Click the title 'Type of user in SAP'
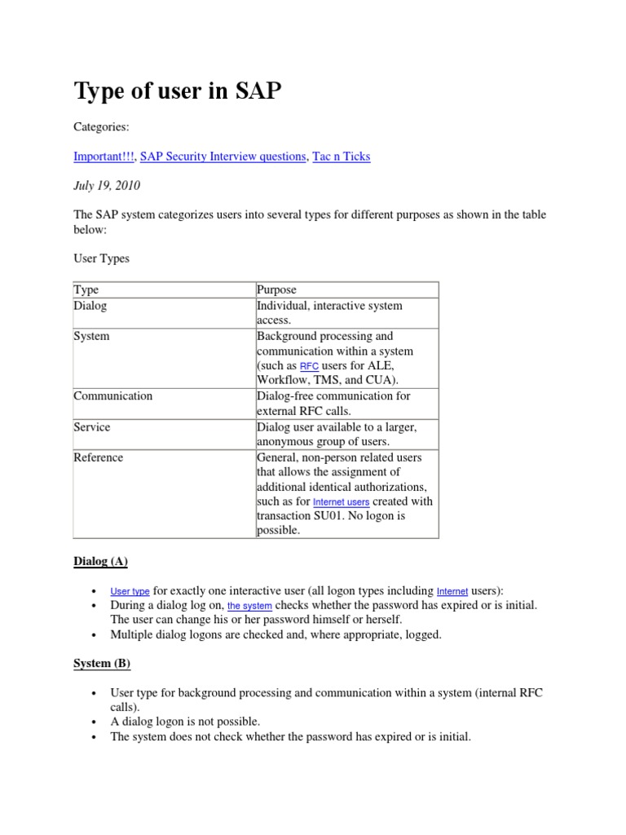tap(178, 91)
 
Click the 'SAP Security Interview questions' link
tap(223, 156)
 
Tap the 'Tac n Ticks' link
tap(342, 156)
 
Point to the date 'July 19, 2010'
tap(107, 185)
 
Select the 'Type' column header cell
tap(86, 289)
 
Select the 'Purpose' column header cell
tap(276, 289)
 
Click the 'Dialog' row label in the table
tap(90, 306)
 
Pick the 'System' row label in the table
tap(91, 336)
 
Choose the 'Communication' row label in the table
tap(113, 395)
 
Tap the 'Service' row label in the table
tap(92, 426)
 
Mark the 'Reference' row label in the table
tap(99, 457)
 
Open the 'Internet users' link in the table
tap(341, 502)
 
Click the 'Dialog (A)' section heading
tap(100, 561)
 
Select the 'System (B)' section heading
tap(102, 663)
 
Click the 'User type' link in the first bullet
tap(130, 591)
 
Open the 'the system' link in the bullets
tap(249, 607)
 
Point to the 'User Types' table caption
tap(101, 258)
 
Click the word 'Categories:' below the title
tap(102, 127)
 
